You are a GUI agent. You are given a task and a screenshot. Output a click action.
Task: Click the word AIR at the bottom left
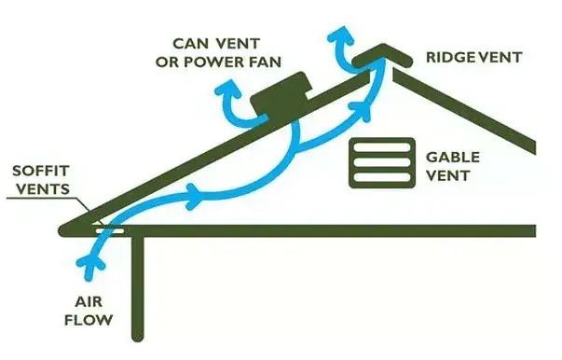(90, 302)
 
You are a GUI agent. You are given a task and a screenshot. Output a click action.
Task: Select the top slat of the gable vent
(381, 145)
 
